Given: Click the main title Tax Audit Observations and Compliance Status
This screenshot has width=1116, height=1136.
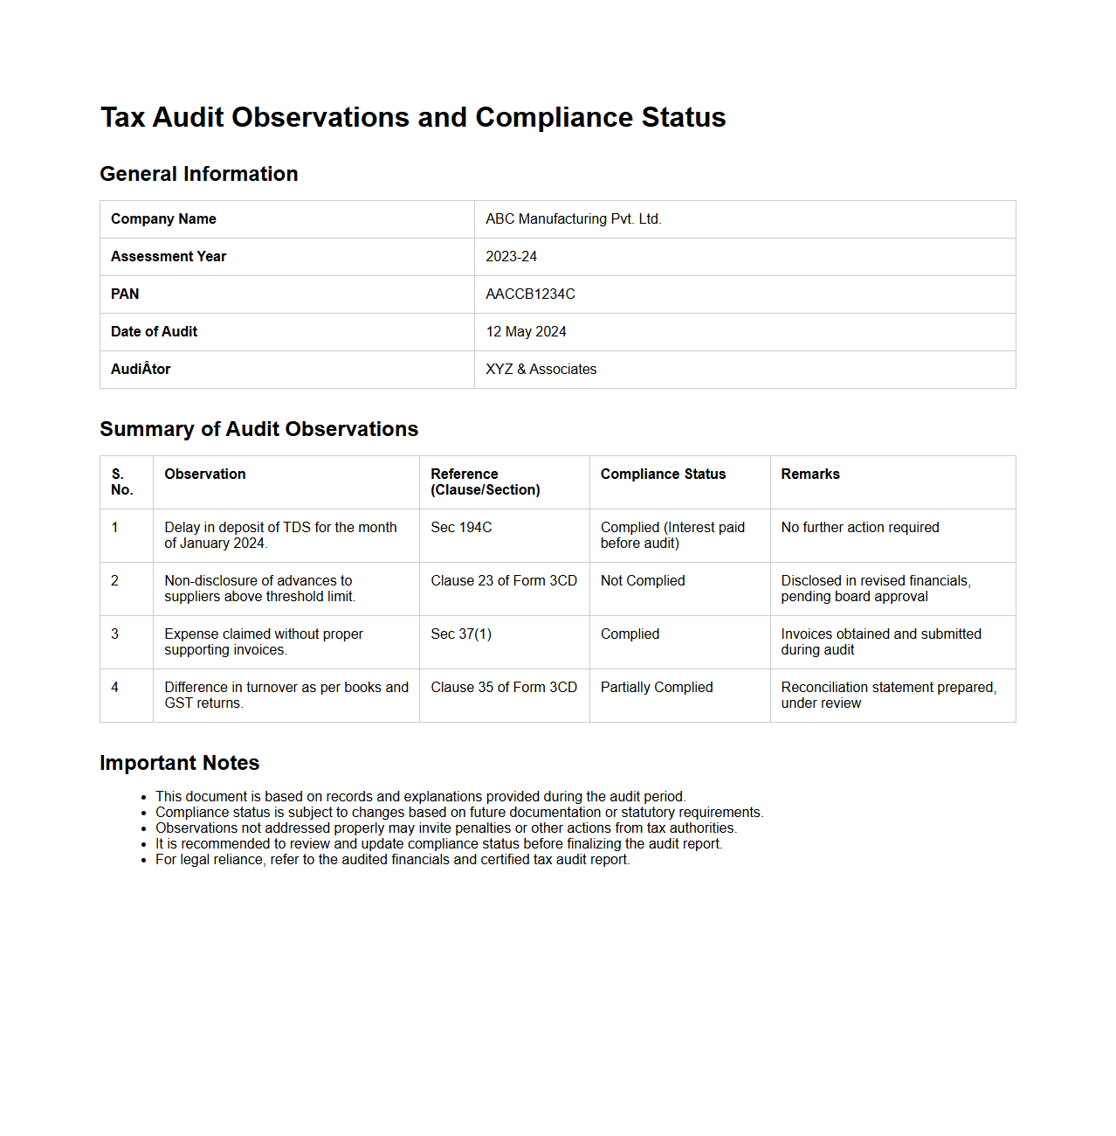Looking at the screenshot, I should pyautogui.click(x=413, y=117).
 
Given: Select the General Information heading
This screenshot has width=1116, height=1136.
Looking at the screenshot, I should pyautogui.click(x=199, y=174).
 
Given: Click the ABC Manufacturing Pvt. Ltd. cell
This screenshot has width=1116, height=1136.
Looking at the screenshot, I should pyautogui.click(x=574, y=219).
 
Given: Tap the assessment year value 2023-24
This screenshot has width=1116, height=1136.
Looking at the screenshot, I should pyautogui.click(x=512, y=257).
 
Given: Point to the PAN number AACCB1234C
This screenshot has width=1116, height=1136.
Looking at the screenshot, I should pyautogui.click(x=530, y=294).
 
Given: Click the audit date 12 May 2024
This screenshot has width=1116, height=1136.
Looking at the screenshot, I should pyautogui.click(x=526, y=332).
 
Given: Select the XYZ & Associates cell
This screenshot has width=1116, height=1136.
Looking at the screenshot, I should pyautogui.click(x=541, y=370).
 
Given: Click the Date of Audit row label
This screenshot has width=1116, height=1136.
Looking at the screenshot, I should pyautogui.click(x=155, y=332).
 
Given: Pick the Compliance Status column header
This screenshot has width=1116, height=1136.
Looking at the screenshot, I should pyautogui.click(x=663, y=474).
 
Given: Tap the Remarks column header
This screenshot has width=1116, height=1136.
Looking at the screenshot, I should pyautogui.click(x=810, y=474).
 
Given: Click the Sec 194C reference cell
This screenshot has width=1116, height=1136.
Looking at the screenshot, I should pyautogui.click(x=461, y=528).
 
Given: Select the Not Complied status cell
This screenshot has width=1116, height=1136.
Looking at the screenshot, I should pyautogui.click(x=643, y=581).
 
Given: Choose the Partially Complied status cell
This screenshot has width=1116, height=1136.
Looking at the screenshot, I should pyautogui.click(x=657, y=688).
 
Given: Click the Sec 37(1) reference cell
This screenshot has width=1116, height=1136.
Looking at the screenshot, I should pyautogui.click(x=461, y=634).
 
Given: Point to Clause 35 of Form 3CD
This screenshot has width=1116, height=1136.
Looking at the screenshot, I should pyautogui.click(x=504, y=688).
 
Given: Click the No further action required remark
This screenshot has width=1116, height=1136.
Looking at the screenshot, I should pyautogui.click(x=860, y=528).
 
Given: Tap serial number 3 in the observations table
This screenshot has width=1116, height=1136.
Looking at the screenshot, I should pyautogui.click(x=114, y=634).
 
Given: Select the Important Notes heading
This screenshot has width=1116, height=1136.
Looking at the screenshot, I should pyautogui.click(x=180, y=763).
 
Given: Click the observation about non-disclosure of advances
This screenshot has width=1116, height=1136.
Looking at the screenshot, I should pyautogui.click(x=259, y=589).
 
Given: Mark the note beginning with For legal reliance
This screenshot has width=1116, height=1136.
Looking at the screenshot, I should pyautogui.click(x=392, y=860).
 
